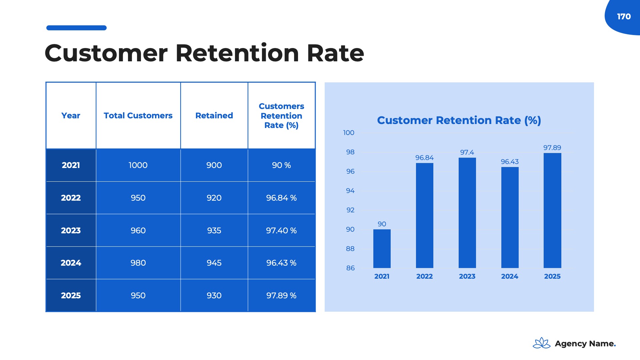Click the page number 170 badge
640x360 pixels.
(624, 17)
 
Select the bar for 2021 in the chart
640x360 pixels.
(382, 248)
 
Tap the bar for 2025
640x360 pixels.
(552, 210)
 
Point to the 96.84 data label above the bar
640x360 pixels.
(424, 158)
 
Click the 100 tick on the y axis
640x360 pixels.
(349, 133)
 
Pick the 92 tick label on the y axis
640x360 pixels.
(350, 210)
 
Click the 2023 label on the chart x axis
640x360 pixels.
(467, 276)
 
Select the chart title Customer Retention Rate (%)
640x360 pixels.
(459, 120)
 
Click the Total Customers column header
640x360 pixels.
(138, 116)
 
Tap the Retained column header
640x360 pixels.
(214, 116)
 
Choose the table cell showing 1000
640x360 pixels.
(138, 165)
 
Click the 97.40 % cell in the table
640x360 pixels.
(281, 231)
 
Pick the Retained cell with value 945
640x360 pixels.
(214, 263)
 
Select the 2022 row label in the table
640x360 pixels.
(71, 198)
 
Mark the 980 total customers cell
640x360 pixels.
(138, 263)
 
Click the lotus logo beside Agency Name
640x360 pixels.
(542, 343)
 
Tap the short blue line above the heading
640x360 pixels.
(76, 28)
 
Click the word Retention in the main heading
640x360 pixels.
(237, 53)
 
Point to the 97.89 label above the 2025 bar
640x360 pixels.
(552, 148)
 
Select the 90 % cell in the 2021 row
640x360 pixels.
(281, 165)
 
